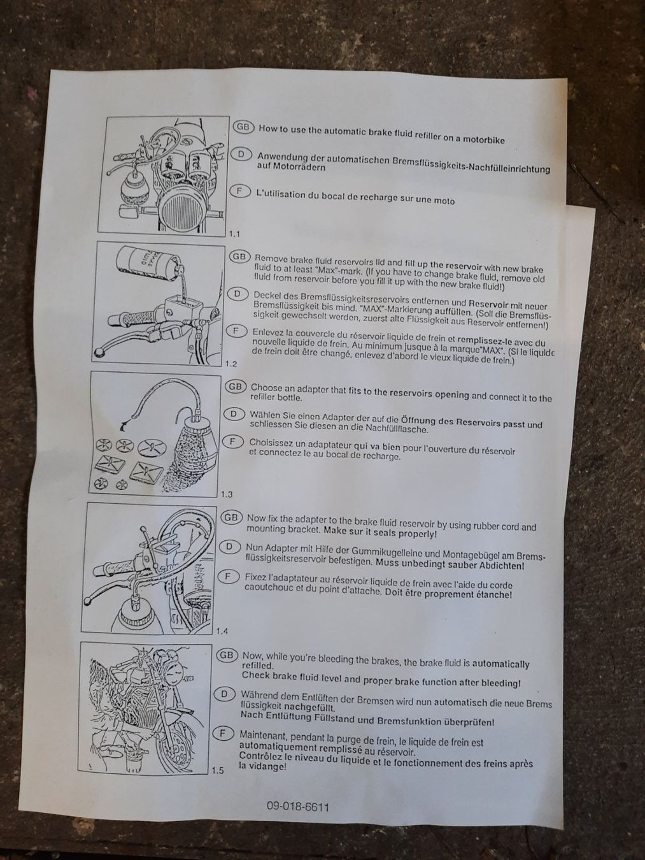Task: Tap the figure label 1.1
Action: click(234, 234)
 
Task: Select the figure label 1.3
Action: click(227, 494)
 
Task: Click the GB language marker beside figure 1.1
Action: click(244, 127)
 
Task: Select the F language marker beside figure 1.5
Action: click(223, 733)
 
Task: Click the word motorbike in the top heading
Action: click(484, 140)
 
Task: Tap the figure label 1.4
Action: click(222, 631)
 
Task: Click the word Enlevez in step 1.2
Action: click(268, 333)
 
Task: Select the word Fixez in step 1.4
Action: click(256, 578)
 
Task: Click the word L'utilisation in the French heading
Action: click(280, 194)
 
